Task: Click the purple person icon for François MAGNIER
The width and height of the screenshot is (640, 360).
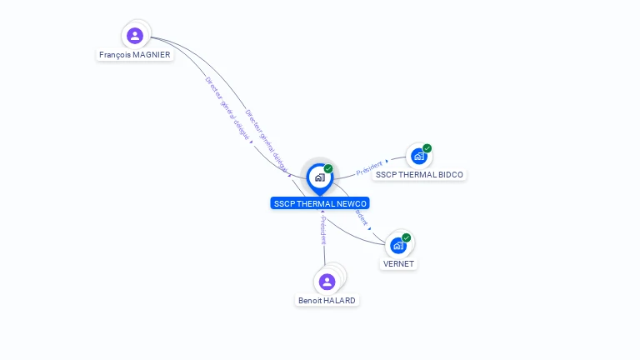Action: pyautogui.click(x=135, y=36)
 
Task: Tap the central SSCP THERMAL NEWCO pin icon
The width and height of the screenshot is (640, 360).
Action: pyautogui.click(x=319, y=177)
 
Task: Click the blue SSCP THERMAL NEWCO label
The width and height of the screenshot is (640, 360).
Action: pyautogui.click(x=319, y=203)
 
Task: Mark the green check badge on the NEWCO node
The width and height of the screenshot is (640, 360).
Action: pyautogui.click(x=328, y=168)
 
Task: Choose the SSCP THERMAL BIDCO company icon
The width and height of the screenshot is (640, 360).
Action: pyautogui.click(x=418, y=157)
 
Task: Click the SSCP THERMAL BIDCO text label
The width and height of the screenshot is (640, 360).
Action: pyautogui.click(x=420, y=175)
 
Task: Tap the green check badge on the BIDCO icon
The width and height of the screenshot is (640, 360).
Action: pyautogui.click(x=427, y=148)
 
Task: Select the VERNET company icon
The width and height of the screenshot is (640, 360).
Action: pyautogui.click(x=398, y=245)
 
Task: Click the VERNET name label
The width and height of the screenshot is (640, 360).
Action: pyautogui.click(x=398, y=264)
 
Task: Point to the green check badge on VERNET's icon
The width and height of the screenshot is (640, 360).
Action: pyautogui.click(x=407, y=237)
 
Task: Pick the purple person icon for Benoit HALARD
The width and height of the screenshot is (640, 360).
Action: pyautogui.click(x=327, y=282)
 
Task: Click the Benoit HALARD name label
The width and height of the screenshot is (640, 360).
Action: pyautogui.click(x=327, y=301)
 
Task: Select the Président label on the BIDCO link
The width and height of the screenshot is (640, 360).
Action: pyautogui.click(x=369, y=167)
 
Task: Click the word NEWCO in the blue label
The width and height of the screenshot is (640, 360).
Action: pyautogui.click(x=351, y=203)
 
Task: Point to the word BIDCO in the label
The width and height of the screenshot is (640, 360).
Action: pyautogui.click(x=448, y=175)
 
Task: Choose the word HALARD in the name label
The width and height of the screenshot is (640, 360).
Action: pyautogui.click(x=340, y=301)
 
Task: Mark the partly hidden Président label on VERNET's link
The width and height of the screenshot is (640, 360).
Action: pyautogui.click(x=362, y=217)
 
